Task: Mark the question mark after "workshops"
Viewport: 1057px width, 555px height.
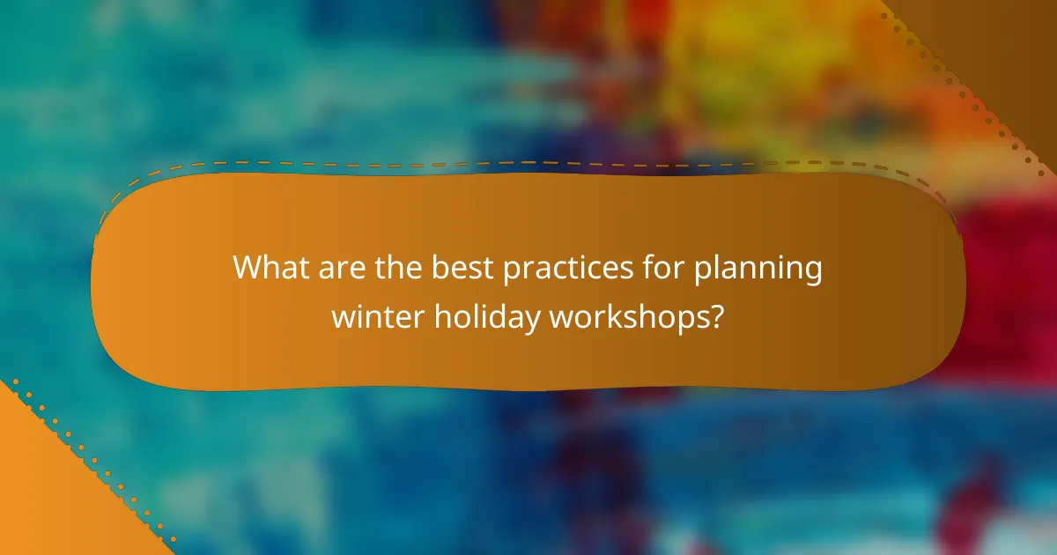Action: pos(718,316)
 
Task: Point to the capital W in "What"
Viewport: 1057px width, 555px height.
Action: pos(248,267)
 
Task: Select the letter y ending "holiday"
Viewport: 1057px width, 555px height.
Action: pos(534,321)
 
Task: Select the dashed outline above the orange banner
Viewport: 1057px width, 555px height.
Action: pos(528,162)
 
